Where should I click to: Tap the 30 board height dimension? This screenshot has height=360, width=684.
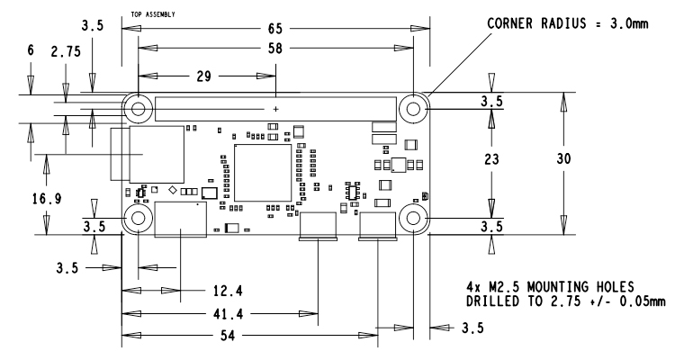tap(564, 157)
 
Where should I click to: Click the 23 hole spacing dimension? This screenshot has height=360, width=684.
tap(491, 158)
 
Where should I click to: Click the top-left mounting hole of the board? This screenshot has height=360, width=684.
tap(139, 110)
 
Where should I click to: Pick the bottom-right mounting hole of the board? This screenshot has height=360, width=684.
tap(414, 220)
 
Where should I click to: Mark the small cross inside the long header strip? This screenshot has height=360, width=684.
tap(275, 110)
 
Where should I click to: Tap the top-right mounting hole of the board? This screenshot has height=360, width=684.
tap(414, 110)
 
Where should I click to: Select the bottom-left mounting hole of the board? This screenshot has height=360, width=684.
tap(139, 220)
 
